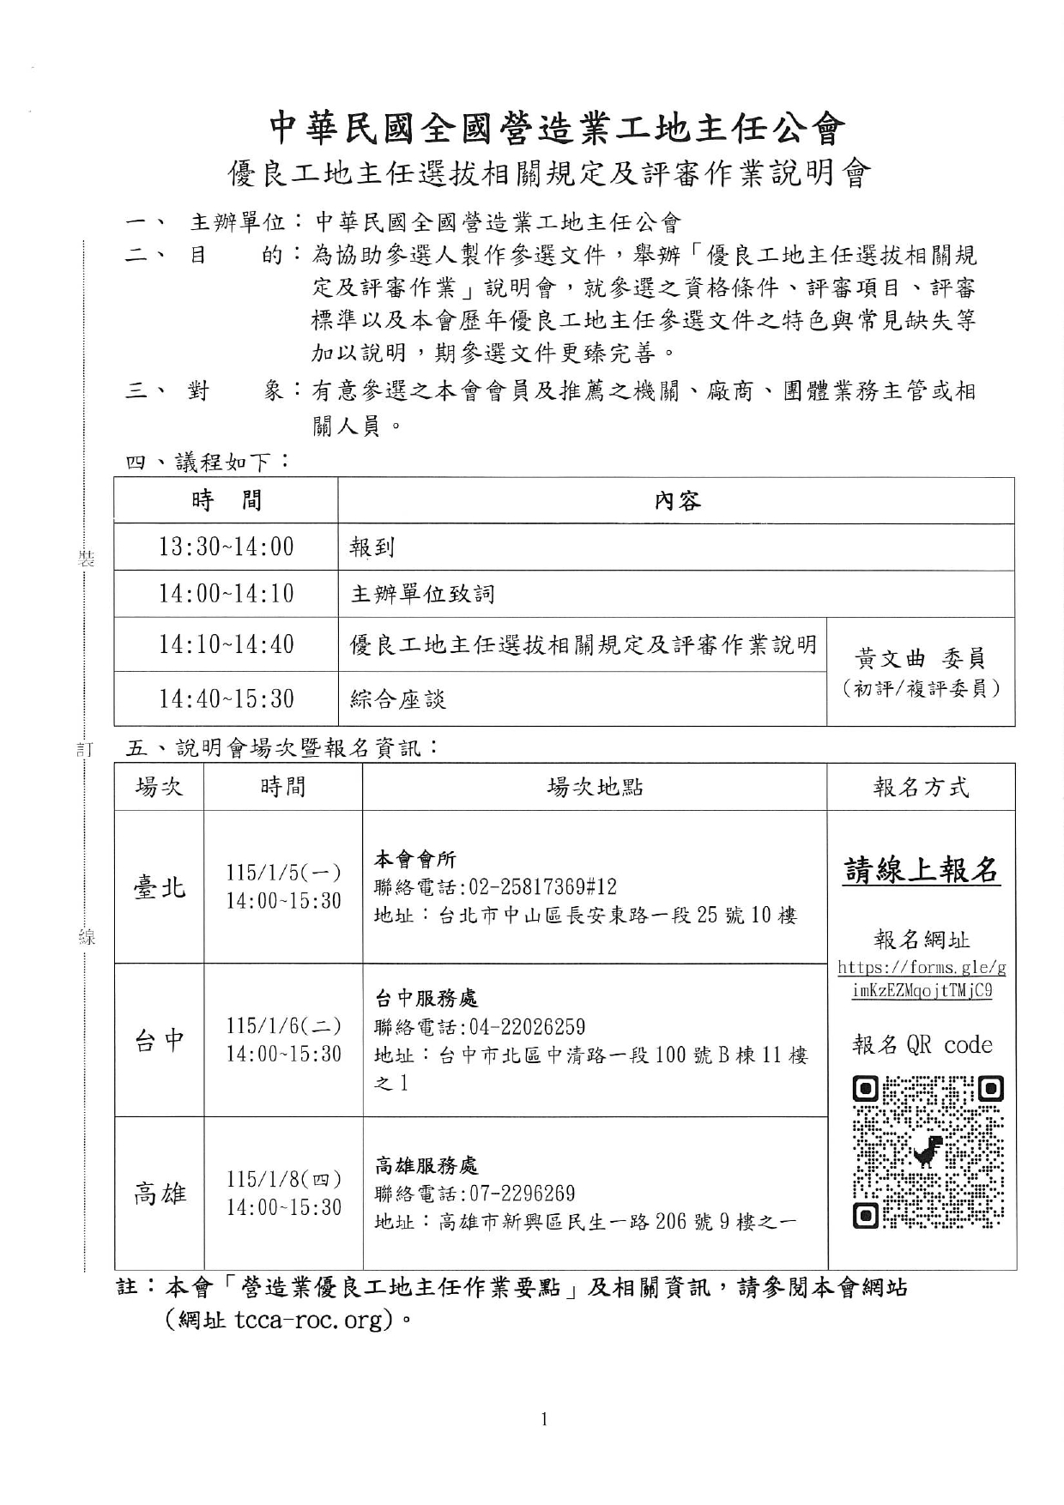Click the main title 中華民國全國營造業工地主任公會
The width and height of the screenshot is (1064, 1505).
(x=558, y=129)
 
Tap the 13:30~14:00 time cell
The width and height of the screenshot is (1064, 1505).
(x=226, y=547)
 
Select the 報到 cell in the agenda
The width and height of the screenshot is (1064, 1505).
(x=372, y=547)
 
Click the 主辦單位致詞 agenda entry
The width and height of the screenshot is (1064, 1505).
(x=422, y=594)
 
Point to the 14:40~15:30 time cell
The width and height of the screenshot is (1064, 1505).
(x=226, y=698)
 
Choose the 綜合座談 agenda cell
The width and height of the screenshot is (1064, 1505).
(x=397, y=699)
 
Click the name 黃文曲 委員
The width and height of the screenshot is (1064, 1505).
(x=920, y=658)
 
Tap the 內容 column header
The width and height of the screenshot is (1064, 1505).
(x=676, y=500)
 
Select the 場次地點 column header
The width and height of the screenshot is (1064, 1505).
(x=595, y=787)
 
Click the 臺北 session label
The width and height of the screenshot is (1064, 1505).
(x=160, y=886)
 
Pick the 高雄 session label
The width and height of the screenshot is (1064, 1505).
(x=160, y=1193)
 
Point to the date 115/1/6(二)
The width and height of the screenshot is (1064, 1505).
(x=283, y=1025)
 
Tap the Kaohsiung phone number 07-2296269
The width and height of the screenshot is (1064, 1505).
(x=522, y=1194)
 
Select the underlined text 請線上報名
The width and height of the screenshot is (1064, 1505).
(x=922, y=870)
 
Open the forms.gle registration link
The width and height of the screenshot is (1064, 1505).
(x=922, y=979)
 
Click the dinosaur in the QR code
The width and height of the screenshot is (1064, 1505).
(x=928, y=1151)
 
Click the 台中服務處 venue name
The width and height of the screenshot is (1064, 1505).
(x=426, y=998)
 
